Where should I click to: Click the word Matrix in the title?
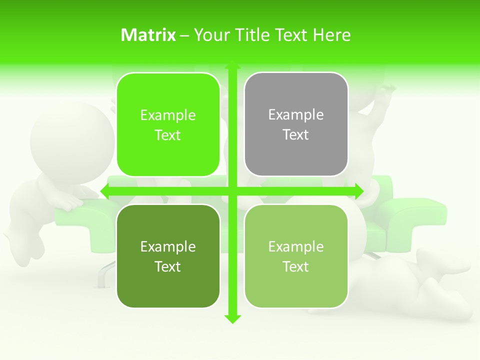(x=148, y=35)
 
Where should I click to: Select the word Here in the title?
(x=331, y=35)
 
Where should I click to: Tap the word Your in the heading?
(x=209, y=35)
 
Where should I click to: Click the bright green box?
(x=168, y=125)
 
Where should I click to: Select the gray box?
(x=296, y=124)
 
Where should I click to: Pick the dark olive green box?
(x=168, y=256)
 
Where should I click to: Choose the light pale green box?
(x=296, y=256)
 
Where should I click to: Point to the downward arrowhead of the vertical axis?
(x=232, y=319)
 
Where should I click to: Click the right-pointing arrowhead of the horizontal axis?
(x=358, y=190)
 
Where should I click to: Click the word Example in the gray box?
(x=296, y=114)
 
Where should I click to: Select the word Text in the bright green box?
(x=168, y=135)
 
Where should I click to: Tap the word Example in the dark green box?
(x=168, y=246)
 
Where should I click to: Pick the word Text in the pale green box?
(x=296, y=266)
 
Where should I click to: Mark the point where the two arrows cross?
(x=232, y=190)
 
